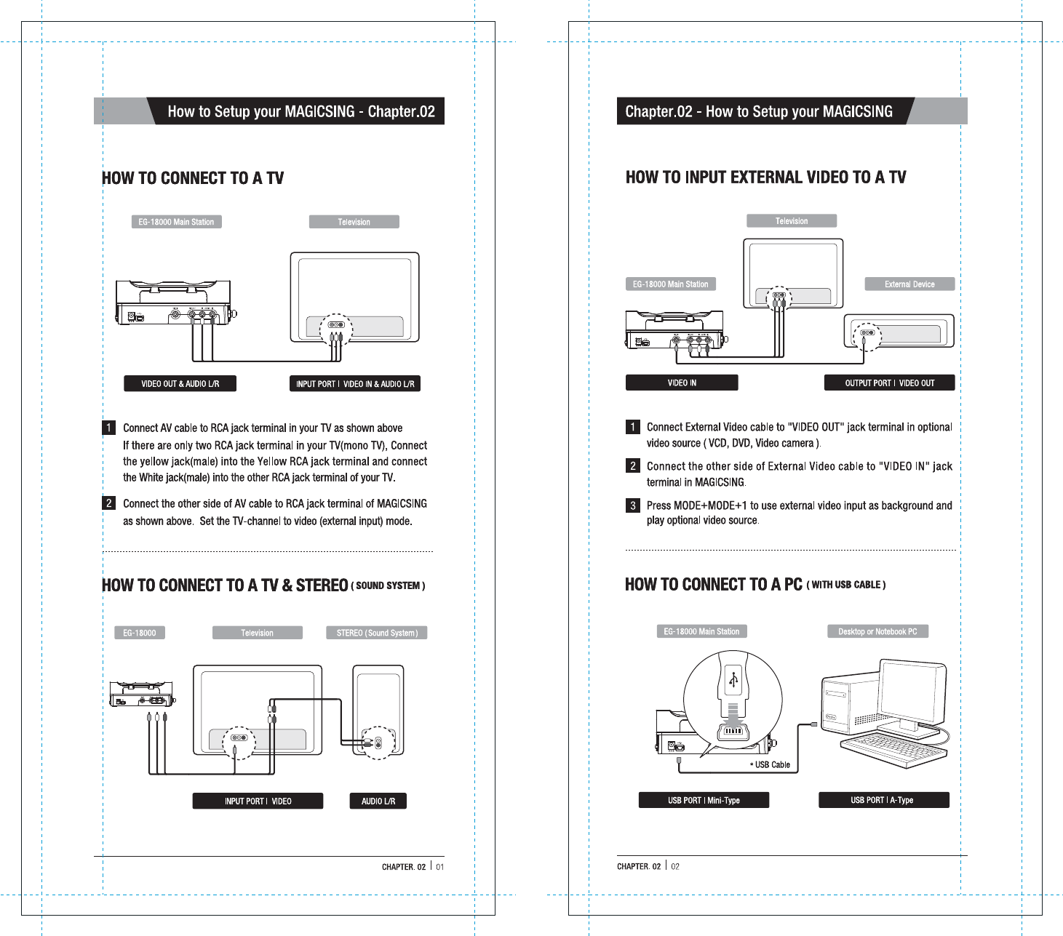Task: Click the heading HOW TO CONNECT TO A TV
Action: [193, 178]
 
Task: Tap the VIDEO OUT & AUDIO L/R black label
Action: [180, 384]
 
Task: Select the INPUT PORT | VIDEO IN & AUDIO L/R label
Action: [355, 384]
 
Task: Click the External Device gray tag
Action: [909, 284]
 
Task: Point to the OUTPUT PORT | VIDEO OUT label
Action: [889, 383]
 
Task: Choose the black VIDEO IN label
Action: [682, 383]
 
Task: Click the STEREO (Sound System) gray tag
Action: [377, 633]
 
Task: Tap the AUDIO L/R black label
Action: [378, 801]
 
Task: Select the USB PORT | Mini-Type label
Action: [704, 801]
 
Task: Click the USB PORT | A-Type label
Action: [883, 800]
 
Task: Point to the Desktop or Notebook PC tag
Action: [877, 631]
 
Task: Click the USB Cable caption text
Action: [771, 765]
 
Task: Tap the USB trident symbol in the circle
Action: [733, 680]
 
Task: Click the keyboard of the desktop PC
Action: [892, 749]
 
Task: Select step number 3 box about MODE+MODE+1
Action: [633, 505]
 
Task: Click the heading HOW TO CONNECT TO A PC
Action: [713, 585]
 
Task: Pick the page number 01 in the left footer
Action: [440, 867]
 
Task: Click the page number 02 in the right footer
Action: [675, 867]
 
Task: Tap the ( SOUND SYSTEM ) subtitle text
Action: [388, 585]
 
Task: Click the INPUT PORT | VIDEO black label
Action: [258, 801]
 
